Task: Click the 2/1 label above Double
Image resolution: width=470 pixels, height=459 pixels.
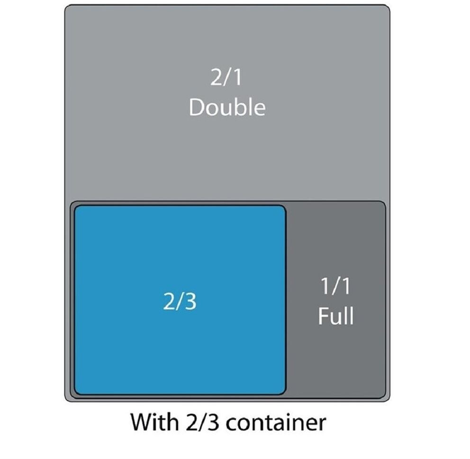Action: point(226,78)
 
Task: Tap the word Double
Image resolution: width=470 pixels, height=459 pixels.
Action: point(227,107)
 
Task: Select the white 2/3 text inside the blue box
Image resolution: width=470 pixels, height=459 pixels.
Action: point(180,302)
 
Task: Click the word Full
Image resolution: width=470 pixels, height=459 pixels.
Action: point(335,316)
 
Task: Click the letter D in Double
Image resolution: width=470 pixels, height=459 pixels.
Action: point(196,108)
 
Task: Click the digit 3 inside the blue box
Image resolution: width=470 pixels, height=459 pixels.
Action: point(190,302)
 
